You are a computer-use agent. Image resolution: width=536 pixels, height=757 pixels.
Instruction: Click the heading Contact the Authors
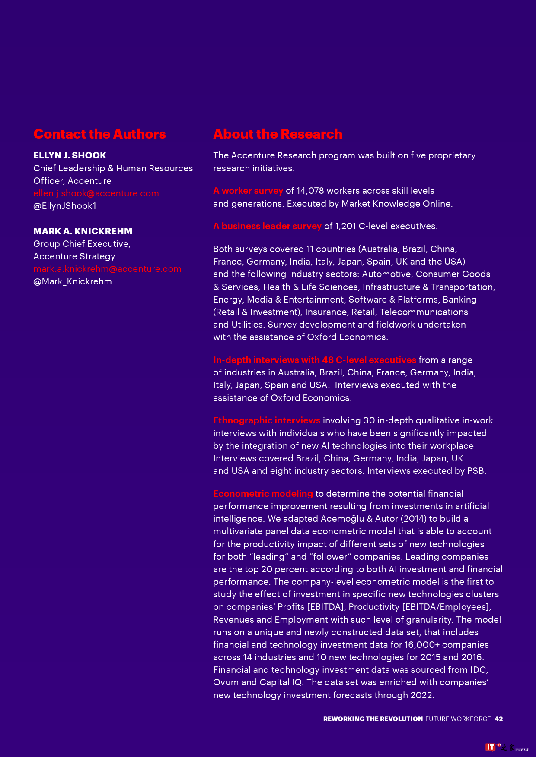click(x=99, y=134)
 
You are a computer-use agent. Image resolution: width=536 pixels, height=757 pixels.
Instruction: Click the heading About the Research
click(x=278, y=134)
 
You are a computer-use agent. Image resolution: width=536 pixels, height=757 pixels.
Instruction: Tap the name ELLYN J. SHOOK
click(x=70, y=155)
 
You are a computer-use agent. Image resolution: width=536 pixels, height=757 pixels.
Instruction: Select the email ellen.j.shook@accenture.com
click(x=96, y=193)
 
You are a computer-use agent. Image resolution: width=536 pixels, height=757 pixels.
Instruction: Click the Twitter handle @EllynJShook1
click(x=65, y=206)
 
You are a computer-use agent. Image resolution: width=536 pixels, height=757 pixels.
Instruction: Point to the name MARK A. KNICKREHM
click(x=83, y=231)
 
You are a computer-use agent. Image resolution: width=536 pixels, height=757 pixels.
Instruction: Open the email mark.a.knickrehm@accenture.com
click(x=107, y=269)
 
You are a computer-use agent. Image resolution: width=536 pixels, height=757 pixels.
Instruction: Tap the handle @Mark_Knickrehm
click(x=73, y=281)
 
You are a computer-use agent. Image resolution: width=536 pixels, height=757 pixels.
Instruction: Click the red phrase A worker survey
click(x=248, y=191)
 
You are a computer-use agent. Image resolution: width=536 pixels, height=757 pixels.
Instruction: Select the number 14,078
click(x=310, y=191)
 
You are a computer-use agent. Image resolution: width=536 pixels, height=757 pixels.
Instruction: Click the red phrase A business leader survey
click(x=267, y=226)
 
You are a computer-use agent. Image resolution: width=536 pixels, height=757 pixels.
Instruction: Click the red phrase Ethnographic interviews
click(x=267, y=420)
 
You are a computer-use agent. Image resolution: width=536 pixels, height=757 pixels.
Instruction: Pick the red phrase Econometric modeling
click(x=263, y=494)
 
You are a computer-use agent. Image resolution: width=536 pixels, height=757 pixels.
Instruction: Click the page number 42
click(x=498, y=719)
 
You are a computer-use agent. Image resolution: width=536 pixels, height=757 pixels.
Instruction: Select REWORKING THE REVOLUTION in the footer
click(x=373, y=719)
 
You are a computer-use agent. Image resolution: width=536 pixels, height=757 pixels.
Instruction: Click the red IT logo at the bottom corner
click(x=490, y=747)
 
